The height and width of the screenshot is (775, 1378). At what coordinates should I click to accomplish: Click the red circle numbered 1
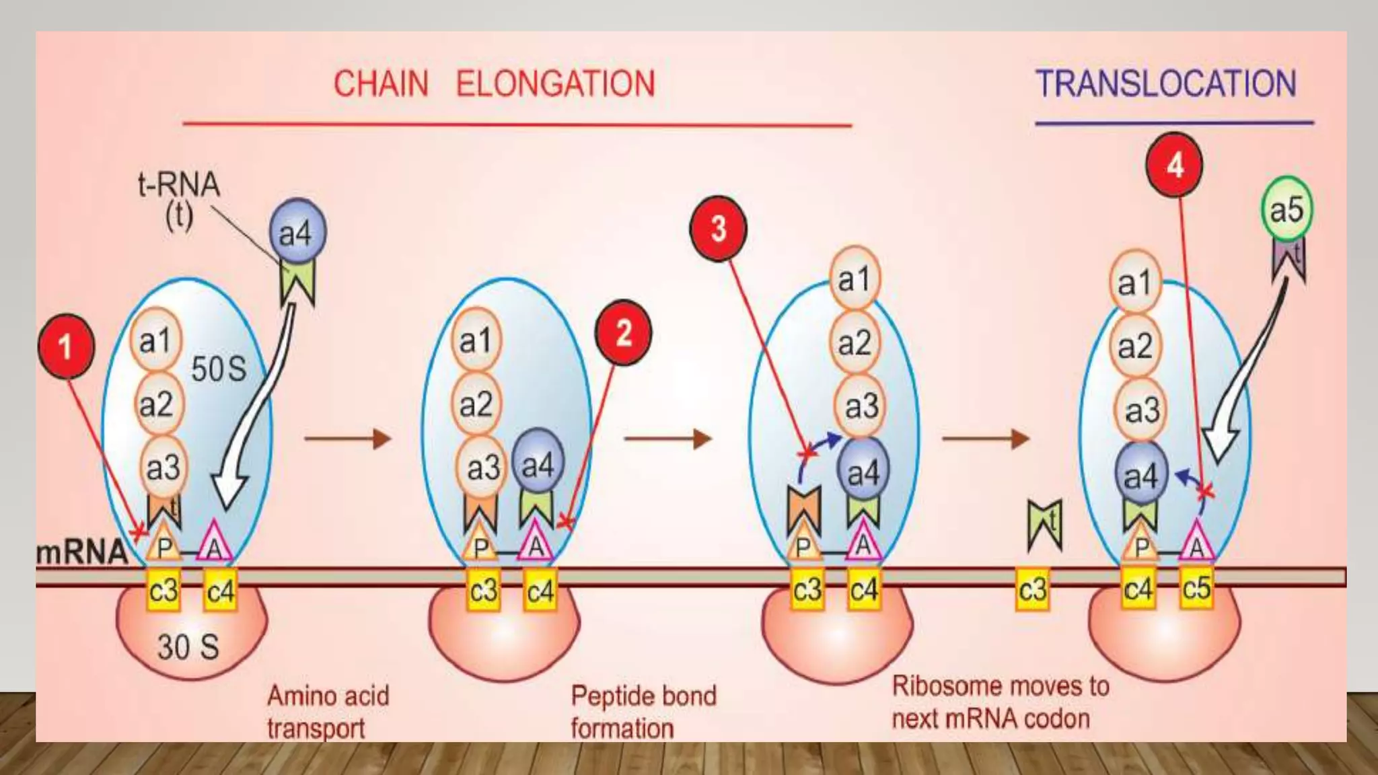coord(66,346)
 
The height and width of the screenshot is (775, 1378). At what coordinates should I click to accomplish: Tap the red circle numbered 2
coord(623,332)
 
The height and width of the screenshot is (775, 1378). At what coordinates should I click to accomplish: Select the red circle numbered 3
coord(718,229)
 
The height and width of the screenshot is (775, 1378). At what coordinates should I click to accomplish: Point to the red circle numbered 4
coord(1174,165)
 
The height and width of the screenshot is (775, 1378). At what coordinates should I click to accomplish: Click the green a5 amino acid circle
coord(1286,209)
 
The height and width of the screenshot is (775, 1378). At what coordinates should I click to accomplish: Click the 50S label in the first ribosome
coord(219,369)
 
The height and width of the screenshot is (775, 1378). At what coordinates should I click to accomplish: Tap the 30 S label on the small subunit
coord(188,647)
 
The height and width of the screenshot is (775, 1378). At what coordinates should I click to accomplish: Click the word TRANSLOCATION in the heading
coord(1165,84)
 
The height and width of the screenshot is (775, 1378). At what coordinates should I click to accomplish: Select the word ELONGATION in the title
coord(555,84)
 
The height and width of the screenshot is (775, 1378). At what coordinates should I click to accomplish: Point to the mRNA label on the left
coord(81,552)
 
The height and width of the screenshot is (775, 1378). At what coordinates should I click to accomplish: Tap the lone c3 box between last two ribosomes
coord(1031,590)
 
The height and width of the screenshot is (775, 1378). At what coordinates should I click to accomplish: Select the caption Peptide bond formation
coord(643,712)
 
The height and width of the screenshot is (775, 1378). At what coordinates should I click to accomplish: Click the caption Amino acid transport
coord(328,712)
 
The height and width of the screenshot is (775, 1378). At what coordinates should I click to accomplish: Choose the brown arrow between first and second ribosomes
coord(347,439)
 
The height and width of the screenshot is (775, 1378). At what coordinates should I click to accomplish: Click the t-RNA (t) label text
coord(178,200)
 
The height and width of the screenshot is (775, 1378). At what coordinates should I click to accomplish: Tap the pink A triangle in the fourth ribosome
coord(1196,542)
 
